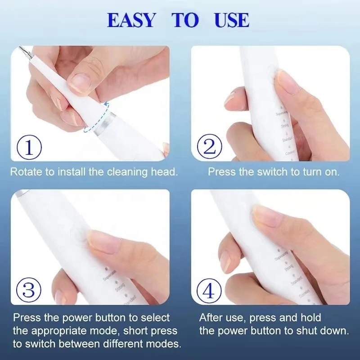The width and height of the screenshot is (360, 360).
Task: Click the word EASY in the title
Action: [131, 20]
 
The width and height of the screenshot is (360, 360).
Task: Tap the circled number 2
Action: [209, 146]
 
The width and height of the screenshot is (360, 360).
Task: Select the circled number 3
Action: [29, 290]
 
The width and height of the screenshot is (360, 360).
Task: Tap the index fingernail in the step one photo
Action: [81, 81]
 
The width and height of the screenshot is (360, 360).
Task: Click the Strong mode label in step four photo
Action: [289, 269]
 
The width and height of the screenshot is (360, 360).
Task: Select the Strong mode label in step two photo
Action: [284, 127]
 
